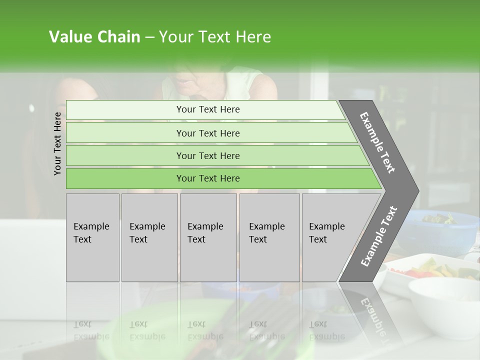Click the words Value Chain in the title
(x=94, y=37)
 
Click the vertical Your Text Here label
(x=58, y=143)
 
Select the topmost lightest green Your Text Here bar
(x=207, y=109)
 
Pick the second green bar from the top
(x=207, y=133)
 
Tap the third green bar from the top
(x=207, y=155)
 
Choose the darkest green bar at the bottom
(x=207, y=178)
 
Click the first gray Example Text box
(x=92, y=237)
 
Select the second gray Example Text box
(x=149, y=237)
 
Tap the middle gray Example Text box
(x=208, y=237)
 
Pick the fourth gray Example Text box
(x=269, y=237)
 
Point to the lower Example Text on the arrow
(x=379, y=236)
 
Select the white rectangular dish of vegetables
(x=430, y=272)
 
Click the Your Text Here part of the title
(x=215, y=37)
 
